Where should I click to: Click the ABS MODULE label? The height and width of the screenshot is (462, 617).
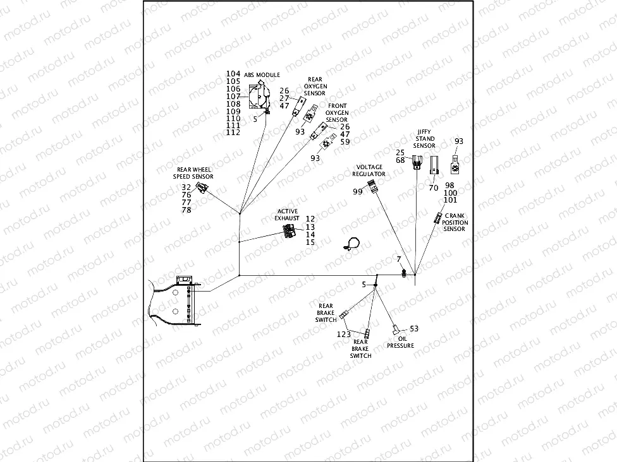262,74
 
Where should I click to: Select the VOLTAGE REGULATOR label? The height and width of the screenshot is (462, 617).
369,170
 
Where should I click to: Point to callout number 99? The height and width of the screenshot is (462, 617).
358,191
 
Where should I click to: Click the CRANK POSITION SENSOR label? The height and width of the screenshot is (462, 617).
455,222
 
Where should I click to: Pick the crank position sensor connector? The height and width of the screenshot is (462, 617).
437,218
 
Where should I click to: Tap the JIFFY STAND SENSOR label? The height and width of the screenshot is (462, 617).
424,138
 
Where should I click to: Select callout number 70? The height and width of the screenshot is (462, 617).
433,187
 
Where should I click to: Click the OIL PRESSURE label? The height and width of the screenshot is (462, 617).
400,342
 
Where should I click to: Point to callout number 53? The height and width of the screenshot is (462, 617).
414,329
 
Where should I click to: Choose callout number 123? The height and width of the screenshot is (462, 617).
343,334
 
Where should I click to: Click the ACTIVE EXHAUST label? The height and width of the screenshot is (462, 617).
286,215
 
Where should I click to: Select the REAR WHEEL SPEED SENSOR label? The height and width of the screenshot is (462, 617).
195,173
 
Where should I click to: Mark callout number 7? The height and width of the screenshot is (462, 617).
399,259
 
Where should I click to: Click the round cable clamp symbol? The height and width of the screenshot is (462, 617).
353,244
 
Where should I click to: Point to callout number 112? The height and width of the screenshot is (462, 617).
233,133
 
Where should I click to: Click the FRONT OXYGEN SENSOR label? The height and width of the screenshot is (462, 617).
337,112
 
